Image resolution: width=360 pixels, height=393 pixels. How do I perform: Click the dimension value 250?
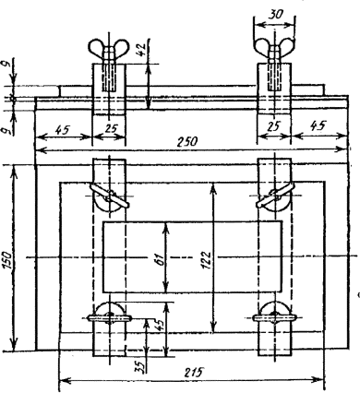[188, 142]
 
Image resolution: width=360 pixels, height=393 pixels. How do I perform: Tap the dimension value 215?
[194, 373]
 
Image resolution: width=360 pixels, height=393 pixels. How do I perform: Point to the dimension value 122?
[206, 260]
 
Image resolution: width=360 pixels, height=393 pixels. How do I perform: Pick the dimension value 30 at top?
[275, 15]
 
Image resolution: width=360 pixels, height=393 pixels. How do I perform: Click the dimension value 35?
[140, 366]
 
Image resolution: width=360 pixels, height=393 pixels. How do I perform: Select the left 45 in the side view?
[63, 130]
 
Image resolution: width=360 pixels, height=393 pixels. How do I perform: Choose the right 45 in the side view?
[318, 125]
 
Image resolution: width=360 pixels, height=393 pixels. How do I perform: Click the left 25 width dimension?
[111, 129]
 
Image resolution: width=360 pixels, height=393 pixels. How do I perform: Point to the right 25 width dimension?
[274, 126]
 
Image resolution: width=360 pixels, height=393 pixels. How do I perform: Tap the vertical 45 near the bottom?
[160, 324]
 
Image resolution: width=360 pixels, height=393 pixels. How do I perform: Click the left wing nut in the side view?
[108, 49]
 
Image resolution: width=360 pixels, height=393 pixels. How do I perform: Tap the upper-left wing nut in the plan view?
[109, 198]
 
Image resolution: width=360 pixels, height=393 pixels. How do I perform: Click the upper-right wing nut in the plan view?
[274, 198]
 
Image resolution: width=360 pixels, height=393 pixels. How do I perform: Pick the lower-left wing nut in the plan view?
[110, 315]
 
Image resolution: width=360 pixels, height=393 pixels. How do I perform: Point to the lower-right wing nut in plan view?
[274, 315]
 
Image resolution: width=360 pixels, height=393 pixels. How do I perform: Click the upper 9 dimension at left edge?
[7, 64]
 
